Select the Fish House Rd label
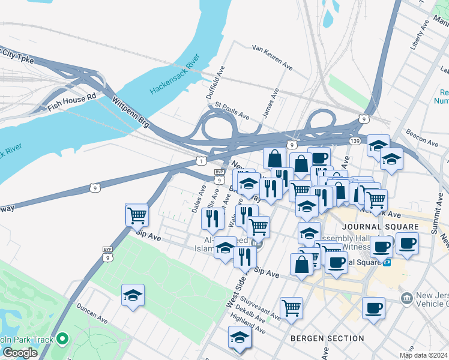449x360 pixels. coord(72,103)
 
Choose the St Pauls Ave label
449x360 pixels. coord(232,111)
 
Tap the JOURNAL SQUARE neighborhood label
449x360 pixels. coord(379,227)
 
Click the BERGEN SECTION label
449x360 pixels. coord(327,338)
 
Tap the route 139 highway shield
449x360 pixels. coord(355,140)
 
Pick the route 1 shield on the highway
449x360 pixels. coord(201,161)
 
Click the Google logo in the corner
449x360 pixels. coord(20,353)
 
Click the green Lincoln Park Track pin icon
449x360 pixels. coord(62,340)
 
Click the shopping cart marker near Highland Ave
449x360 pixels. coord(291,308)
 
